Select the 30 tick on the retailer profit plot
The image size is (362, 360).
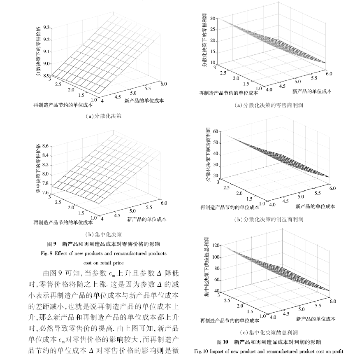[x=213, y=19]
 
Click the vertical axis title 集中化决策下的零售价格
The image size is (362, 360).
[x=38, y=168]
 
